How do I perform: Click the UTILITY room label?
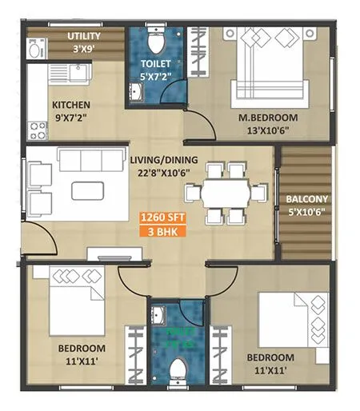pos(83,36)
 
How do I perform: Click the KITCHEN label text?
pos(71,105)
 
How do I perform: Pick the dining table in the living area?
pos(225,193)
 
